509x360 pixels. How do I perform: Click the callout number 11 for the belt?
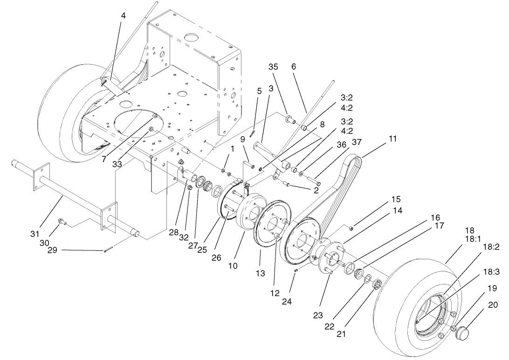[393, 138]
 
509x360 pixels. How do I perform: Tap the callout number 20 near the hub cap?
[493, 305]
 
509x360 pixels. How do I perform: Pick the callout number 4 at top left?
[123, 15]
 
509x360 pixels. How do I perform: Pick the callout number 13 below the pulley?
[261, 273]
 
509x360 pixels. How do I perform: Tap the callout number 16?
[435, 218]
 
